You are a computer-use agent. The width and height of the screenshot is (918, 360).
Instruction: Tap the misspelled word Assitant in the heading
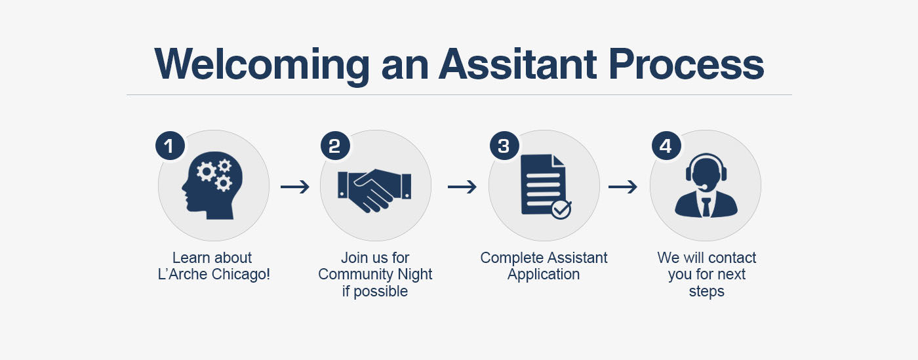coord(517,64)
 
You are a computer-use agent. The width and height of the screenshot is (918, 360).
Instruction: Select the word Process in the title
coord(687,64)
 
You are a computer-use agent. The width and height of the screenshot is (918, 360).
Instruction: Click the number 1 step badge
coord(170,146)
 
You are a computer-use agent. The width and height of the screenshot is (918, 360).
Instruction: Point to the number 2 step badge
coord(335,146)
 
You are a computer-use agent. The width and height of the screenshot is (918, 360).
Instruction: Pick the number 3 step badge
coord(504,146)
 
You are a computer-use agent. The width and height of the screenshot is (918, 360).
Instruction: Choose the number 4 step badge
coord(666,146)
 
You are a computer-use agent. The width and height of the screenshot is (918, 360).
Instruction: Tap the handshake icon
coord(374,190)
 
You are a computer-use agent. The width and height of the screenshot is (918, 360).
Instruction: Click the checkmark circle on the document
coord(561,210)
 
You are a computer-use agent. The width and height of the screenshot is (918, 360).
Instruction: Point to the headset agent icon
coord(706,186)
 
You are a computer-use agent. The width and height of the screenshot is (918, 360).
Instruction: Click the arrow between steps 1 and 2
coord(295,187)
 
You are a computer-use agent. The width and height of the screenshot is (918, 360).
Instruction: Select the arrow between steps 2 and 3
coord(462,187)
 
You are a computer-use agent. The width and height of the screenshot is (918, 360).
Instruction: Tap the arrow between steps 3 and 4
coord(623,187)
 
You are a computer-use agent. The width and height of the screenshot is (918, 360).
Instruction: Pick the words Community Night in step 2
coord(375,274)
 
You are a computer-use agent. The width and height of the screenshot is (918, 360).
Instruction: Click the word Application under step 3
coord(544,275)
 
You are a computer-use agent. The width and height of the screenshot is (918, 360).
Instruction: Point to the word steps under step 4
coord(707,292)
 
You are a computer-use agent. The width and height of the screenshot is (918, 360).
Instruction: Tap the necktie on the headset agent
coord(706,207)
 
